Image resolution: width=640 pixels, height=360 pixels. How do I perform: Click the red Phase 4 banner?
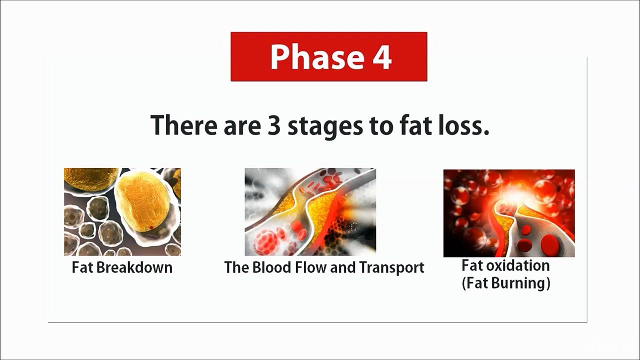click(x=328, y=56)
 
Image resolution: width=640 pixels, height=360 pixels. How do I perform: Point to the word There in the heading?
click(x=178, y=125)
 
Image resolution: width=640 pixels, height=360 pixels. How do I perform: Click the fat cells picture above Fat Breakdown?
click(x=122, y=211)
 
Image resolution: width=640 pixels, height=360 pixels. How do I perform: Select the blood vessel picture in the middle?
click(x=310, y=211)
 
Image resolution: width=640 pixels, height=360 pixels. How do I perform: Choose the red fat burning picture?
click(x=509, y=213)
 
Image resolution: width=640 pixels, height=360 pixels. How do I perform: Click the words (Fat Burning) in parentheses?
click(x=505, y=283)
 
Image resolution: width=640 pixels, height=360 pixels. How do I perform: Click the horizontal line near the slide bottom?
click(x=317, y=322)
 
